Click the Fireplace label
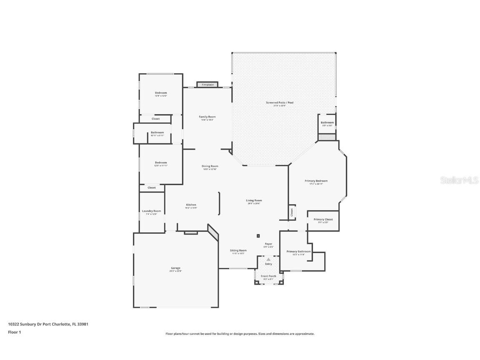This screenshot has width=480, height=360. click(207, 85)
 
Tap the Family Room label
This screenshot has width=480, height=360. click(207, 117)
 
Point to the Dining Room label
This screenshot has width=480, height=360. click(210, 166)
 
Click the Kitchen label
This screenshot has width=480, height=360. click(191, 205)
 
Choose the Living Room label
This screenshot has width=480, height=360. click(254, 200)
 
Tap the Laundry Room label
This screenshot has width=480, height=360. click(151, 211)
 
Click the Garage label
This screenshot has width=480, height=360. click(175, 268)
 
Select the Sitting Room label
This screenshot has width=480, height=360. click(238, 250)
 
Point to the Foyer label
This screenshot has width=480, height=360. click(268, 244)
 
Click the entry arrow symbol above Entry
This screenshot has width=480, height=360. click(268, 259)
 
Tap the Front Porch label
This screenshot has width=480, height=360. click(268, 276)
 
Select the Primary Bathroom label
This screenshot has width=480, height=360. click(298, 252)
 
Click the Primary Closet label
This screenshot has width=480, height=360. click(323, 219)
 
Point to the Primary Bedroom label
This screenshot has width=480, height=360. click(316, 181)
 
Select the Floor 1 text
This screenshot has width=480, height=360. click(14, 332)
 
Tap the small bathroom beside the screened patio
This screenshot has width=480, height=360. click(327, 123)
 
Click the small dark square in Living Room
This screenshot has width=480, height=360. click(258, 236)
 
